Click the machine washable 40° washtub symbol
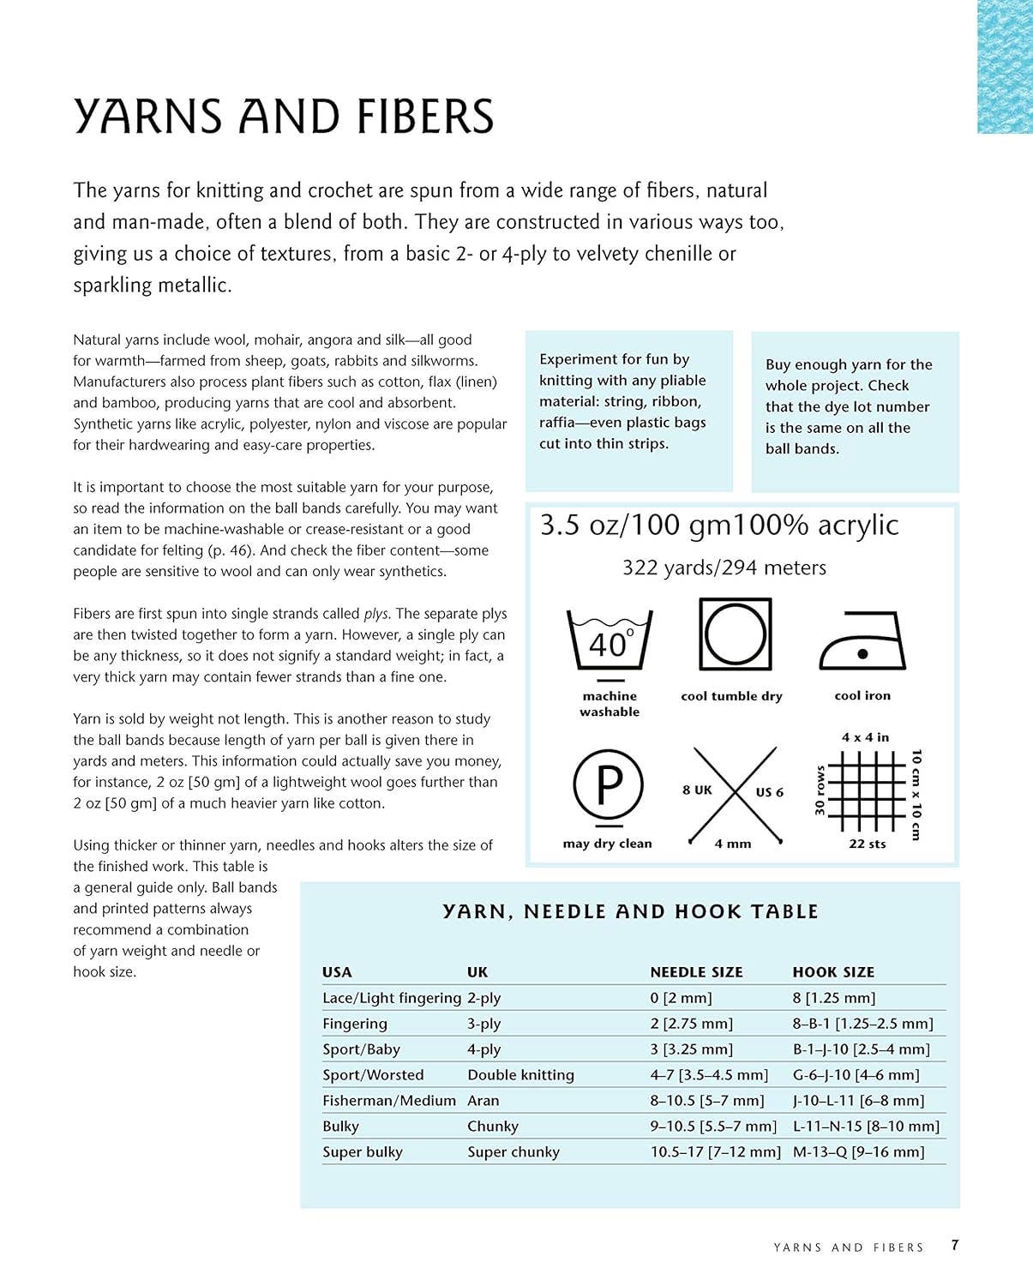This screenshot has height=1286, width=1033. tap(610, 641)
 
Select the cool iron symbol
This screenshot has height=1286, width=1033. tap(862, 642)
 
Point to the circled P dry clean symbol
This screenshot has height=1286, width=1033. tap(608, 784)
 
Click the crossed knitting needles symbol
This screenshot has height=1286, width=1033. tap(733, 794)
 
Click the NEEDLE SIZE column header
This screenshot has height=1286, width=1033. tap(696, 972)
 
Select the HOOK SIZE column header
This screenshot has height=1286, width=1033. tap(833, 972)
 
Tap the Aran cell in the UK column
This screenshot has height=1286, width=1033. tap(483, 1101)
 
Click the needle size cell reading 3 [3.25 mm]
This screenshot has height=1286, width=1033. tap(691, 1049)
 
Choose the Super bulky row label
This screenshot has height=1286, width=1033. tap(363, 1152)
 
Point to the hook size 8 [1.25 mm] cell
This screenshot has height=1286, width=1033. tap(833, 998)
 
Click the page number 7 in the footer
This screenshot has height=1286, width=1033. tap(955, 1246)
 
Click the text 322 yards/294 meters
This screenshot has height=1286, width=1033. tap(724, 568)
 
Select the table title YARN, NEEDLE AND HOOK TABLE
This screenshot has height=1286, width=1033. tap(630, 911)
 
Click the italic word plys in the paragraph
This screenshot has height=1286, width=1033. tap(376, 614)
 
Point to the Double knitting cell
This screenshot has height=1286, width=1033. tap(520, 1075)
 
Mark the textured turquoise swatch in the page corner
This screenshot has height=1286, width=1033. tap(1005, 66)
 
